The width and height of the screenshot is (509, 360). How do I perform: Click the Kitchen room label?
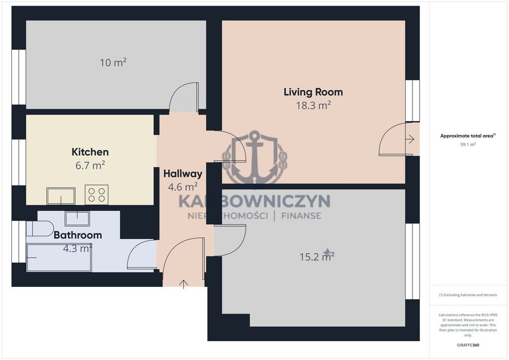point(90,152)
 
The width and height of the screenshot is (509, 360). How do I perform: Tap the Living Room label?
point(313,92)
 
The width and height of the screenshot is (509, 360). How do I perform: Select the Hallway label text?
point(183,174)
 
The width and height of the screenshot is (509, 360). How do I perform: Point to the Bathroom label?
point(78,235)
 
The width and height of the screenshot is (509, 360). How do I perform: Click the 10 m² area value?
point(113,62)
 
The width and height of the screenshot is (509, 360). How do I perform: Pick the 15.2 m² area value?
point(317,257)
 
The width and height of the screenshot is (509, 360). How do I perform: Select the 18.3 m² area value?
point(313,105)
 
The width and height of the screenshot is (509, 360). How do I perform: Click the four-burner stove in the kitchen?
point(97,195)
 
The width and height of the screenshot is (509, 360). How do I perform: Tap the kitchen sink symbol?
point(61,196)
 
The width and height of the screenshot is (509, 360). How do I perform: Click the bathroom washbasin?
point(77,218)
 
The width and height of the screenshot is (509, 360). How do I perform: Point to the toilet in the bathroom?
point(40,229)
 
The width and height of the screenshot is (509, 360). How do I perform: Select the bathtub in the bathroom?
point(59,258)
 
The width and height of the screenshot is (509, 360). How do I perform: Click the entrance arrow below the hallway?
point(183,284)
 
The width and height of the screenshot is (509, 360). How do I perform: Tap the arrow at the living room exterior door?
point(410,139)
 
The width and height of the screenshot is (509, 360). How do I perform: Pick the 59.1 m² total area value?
point(468,145)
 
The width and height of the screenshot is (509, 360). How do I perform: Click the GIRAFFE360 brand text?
point(468,345)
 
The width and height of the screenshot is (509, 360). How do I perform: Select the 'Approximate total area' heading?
point(468,136)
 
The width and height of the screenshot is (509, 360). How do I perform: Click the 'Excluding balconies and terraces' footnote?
point(468,295)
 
